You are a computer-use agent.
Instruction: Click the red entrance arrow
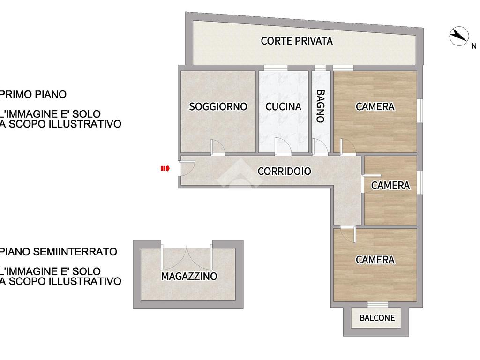165,168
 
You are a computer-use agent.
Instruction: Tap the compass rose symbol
459,36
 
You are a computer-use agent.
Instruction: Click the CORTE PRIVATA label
297,41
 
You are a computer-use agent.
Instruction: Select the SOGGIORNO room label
218,106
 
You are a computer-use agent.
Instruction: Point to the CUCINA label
283,106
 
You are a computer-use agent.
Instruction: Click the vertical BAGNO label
320,106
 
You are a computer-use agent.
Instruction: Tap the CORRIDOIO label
284,171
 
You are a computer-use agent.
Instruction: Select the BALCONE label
377,318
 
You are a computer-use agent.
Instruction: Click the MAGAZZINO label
189,276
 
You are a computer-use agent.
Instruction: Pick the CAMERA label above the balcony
375,260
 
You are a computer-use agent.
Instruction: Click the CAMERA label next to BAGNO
375,106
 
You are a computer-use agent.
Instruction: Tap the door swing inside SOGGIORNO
218,146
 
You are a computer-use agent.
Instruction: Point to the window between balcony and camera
377,305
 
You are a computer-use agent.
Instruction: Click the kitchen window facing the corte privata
276,68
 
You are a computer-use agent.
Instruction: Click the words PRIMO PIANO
33,94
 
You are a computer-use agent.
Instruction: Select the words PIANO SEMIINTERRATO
59,252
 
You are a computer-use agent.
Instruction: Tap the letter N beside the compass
473,46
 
